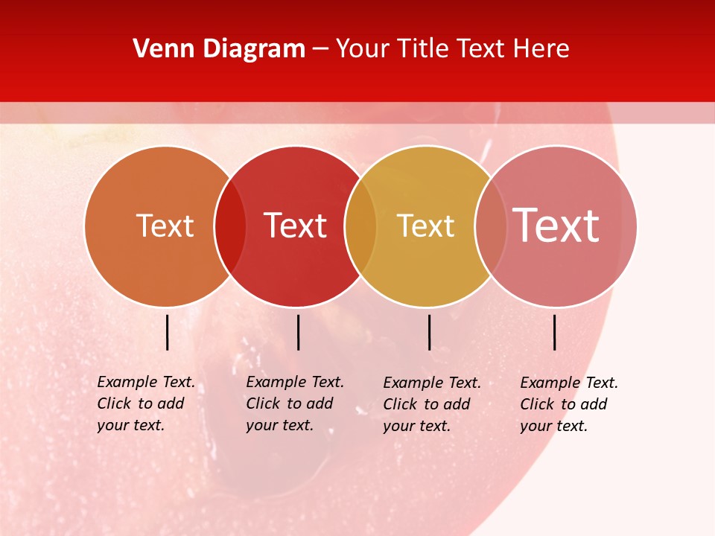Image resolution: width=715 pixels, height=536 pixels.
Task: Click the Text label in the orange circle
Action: (165, 226)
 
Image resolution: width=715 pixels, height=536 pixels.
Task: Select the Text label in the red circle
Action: (295, 226)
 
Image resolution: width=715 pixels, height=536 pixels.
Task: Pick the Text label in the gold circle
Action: (425, 226)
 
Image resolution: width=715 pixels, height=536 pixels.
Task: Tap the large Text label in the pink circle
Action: (556, 226)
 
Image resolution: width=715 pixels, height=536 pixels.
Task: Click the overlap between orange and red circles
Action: (230, 226)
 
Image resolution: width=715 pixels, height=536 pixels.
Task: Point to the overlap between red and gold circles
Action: (360, 226)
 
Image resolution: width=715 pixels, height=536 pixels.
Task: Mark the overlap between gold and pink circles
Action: (491, 226)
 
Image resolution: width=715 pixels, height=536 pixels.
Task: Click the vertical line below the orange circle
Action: (168, 332)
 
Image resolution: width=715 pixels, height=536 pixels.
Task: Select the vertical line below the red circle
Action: (298, 332)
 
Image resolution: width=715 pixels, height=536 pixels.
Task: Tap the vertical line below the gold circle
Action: (429, 332)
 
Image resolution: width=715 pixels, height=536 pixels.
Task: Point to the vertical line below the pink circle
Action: (555, 332)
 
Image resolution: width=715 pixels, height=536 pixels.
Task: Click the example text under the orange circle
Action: (145, 403)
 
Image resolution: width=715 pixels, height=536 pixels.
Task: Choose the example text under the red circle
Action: (294, 403)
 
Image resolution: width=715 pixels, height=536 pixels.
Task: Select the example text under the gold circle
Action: (431, 404)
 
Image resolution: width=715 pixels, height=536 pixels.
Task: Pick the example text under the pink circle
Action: (568, 404)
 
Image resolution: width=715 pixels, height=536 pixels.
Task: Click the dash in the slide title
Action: (320, 50)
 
